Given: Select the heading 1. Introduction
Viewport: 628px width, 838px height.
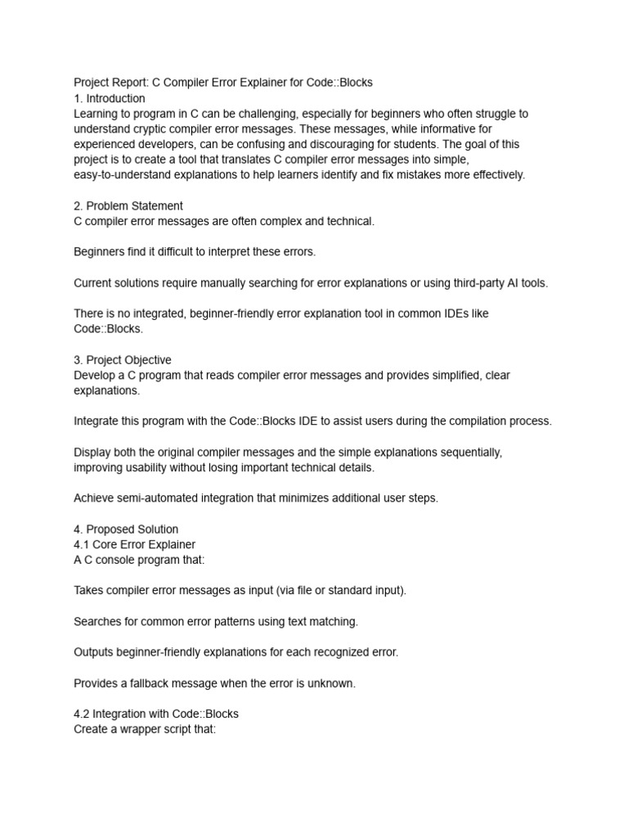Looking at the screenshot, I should click(110, 98).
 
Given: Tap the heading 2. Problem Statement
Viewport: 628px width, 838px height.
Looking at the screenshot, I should click(128, 206).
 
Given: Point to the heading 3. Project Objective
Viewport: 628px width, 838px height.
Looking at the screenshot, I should click(123, 360).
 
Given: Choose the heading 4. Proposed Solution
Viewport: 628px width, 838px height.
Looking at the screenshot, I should click(126, 529).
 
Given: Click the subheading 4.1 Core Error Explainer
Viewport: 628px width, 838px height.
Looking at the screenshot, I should click(135, 544).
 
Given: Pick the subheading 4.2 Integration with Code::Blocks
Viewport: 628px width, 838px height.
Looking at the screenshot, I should click(156, 714).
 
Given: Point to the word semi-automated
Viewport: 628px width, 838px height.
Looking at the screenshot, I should click(155, 498).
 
